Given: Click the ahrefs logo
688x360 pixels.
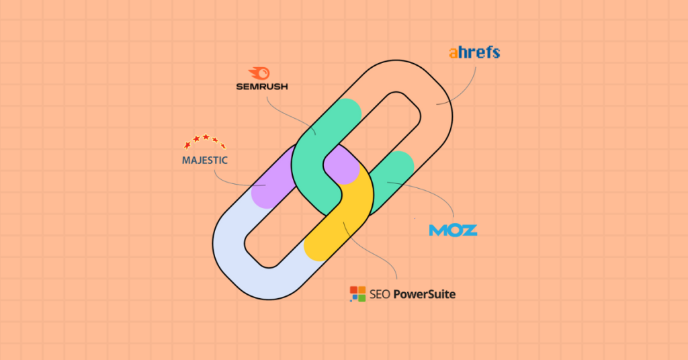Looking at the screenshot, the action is click(474, 52).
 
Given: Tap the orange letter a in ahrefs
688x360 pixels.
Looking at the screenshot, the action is click(454, 54).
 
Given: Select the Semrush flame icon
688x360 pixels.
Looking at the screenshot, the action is click(259, 73).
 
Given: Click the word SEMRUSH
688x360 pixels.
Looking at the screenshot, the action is click(262, 87).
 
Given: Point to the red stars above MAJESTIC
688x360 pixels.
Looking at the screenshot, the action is click(205, 141).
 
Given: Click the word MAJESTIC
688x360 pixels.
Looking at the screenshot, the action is click(205, 161).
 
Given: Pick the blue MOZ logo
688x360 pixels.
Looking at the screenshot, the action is click(453, 230).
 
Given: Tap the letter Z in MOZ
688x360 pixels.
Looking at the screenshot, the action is click(468, 230).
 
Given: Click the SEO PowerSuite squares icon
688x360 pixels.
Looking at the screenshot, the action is click(357, 294).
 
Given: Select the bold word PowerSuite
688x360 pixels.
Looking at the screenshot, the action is click(425, 294).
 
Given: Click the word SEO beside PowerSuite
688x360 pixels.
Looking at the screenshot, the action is click(380, 294).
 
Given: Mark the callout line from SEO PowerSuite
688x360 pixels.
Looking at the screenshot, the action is click(369, 250).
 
